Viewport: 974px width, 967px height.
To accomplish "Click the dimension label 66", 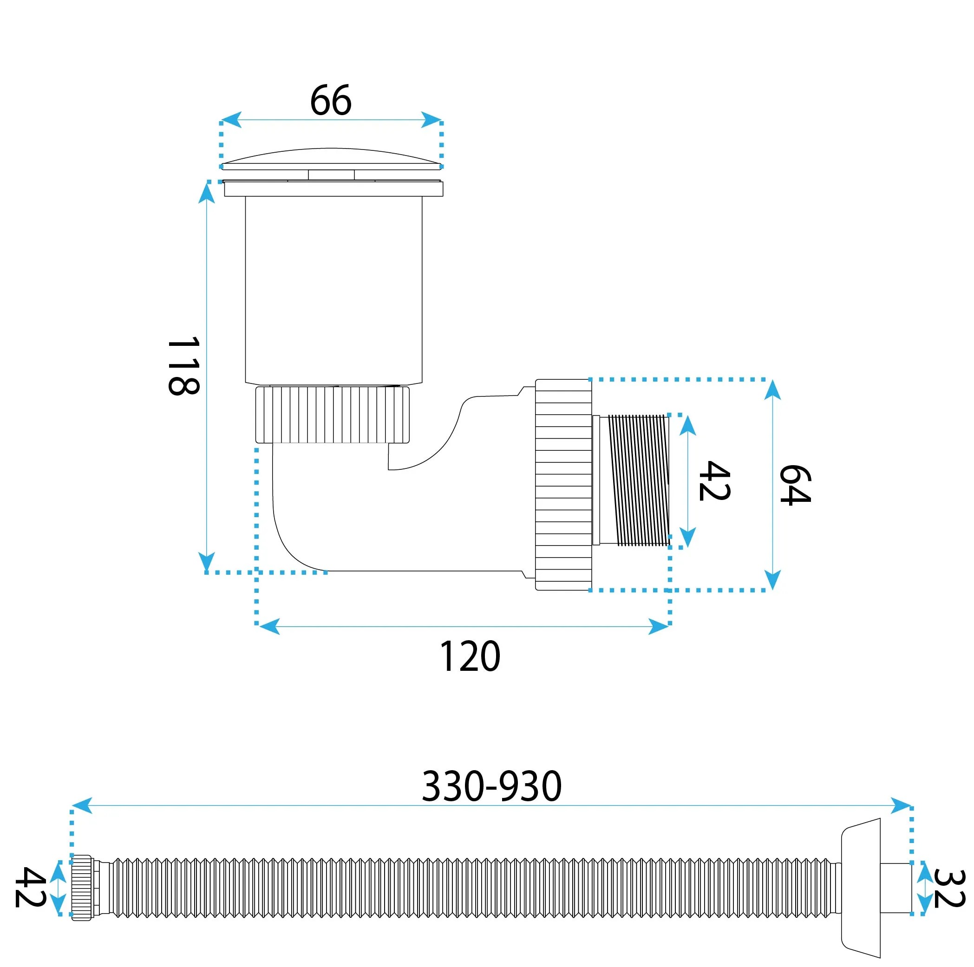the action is point(331,100).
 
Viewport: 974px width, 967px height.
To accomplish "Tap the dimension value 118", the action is point(183,366).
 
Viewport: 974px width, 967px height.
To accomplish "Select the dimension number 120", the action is point(470,656).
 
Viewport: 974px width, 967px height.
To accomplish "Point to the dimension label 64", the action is point(795,485).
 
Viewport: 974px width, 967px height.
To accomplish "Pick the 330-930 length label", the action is point(491,786).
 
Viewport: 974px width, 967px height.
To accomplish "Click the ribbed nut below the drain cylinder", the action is point(333,414).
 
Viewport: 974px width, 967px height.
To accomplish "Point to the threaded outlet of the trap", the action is point(632,480).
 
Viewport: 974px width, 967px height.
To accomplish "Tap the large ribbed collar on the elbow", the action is point(563,485).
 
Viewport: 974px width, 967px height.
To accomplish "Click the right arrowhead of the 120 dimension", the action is point(659,627).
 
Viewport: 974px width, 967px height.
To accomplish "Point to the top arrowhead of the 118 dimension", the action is point(206,193).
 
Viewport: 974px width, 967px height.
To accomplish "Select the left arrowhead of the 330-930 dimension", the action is point(82,805).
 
